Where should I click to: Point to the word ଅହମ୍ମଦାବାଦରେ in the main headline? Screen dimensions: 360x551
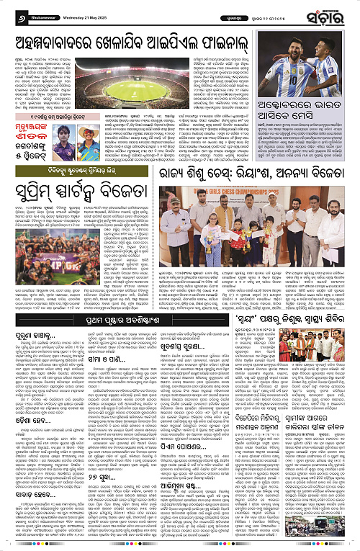tap(58, 36)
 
